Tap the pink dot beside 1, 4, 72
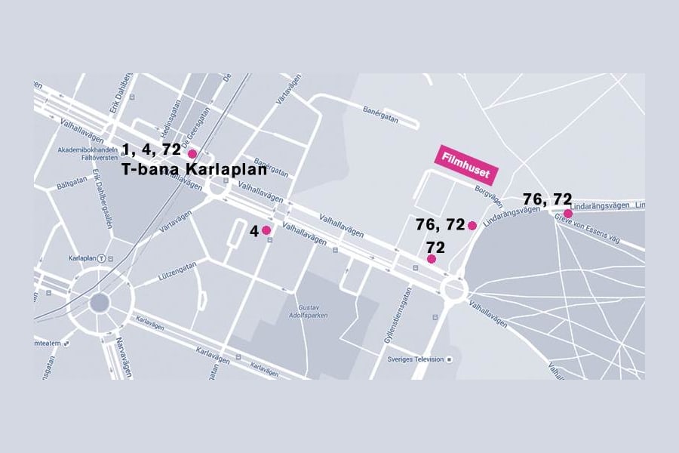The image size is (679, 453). click(192, 153)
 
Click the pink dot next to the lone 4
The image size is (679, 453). click(266, 230)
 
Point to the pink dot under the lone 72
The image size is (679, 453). click(432, 259)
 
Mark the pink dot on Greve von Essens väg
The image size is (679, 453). click(567, 214)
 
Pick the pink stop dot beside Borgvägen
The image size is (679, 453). click(472, 225)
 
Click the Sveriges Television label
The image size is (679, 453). click(414, 359)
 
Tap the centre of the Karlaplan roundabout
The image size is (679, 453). click(99, 304)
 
